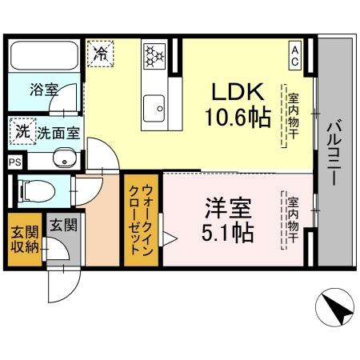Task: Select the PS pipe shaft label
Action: (x=13, y=161)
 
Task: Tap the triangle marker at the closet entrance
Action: (x=167, y=237)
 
